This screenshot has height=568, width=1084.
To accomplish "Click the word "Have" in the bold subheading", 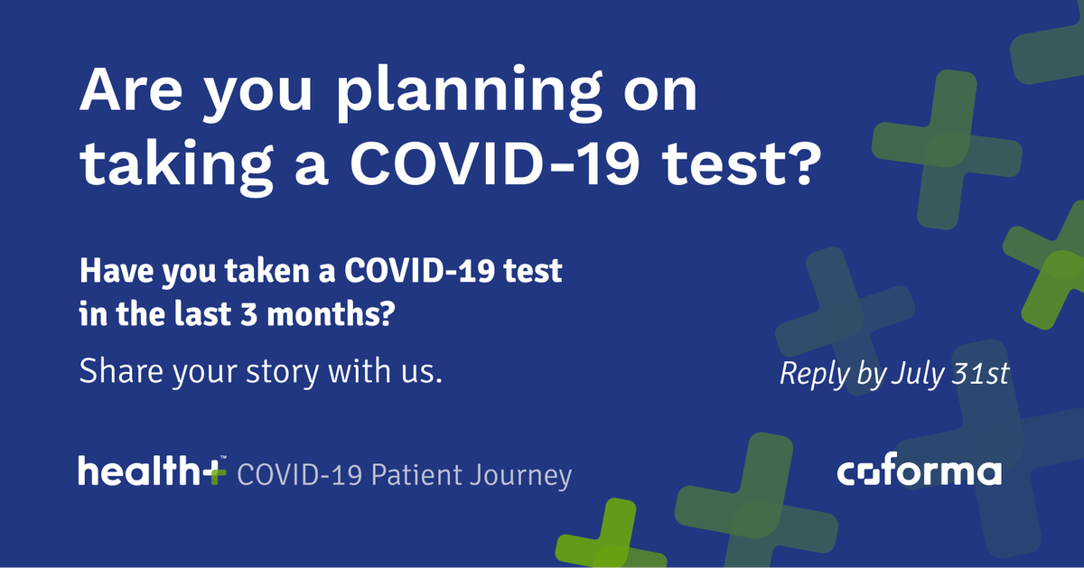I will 108,271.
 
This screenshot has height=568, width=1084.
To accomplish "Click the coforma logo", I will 919,472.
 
